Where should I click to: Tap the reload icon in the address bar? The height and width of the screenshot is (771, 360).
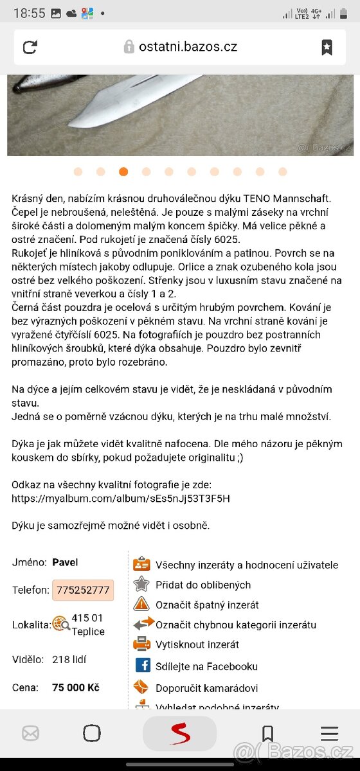30,47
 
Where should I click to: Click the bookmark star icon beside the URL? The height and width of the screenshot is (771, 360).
327,47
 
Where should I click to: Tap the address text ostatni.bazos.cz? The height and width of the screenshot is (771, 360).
188,47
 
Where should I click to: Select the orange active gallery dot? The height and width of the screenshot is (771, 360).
123,172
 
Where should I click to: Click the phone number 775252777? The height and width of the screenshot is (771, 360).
83,590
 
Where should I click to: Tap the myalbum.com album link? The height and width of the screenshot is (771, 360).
121,498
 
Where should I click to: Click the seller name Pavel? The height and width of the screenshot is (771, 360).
65,562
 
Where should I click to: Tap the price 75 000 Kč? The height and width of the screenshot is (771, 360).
76,687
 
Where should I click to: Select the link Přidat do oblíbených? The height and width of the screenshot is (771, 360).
203,585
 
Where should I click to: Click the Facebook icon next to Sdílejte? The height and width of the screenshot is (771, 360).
142,666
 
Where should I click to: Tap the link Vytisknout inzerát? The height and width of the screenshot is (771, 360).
197,644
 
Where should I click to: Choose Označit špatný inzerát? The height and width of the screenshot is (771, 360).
207,605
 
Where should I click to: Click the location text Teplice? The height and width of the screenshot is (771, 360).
88,632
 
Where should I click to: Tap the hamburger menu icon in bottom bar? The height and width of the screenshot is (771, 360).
329,733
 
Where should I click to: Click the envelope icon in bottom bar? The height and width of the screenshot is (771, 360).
30,733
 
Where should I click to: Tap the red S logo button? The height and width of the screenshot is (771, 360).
180,733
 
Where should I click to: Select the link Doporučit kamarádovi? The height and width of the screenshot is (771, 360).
206,688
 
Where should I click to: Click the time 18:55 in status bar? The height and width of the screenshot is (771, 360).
29,13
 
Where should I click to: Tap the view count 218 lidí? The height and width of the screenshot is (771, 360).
69,659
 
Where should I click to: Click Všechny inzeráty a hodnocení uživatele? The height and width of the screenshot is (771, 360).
246,565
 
